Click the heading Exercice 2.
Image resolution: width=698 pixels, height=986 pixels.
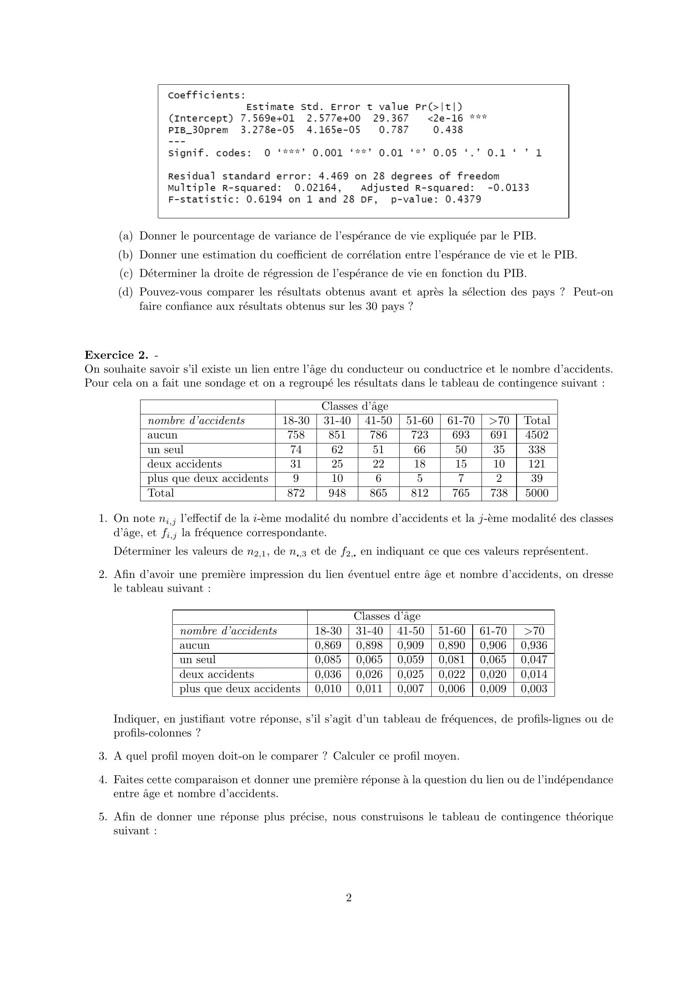tap(116, 355)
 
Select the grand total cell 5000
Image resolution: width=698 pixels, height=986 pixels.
tap(537, 493)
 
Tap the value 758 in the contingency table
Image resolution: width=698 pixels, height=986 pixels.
tap(296, 435)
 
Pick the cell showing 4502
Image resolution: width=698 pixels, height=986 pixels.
tap(537, 435)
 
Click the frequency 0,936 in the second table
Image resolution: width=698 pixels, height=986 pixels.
tap(534, 645)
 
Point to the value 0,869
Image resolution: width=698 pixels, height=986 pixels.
tap(328, 645)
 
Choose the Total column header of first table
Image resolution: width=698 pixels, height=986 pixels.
tap(537, 420)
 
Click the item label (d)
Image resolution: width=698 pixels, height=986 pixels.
tap(125, 292)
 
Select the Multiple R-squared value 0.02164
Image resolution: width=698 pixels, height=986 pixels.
tap(318, 188)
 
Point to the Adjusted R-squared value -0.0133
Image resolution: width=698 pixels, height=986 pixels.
tap(508, 188)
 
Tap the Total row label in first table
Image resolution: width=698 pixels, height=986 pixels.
tap(161, 493)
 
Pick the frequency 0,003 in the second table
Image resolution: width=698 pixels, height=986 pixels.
tap(534, 689)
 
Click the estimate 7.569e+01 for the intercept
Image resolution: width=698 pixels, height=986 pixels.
tap(267, 118)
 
